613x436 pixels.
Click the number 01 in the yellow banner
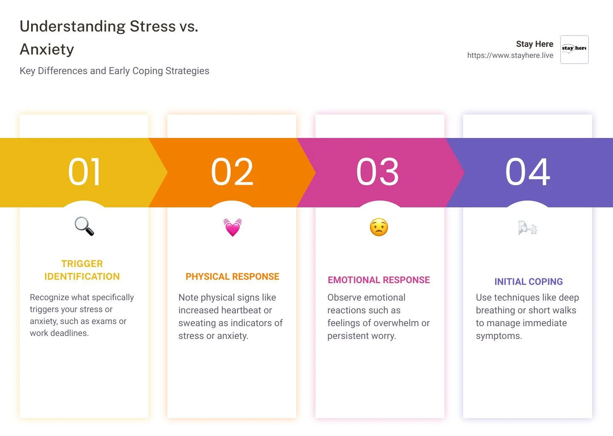[84, 172]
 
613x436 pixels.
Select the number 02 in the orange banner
[232, 172]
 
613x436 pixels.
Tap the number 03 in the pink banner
[378, 172]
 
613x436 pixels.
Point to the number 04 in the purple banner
[527, 172]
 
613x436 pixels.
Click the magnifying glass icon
[84, 226]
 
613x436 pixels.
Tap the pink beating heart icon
[232, 227]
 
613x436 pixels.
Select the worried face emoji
[379, 227]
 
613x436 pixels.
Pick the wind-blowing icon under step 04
[527, 228]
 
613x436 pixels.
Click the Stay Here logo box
[574, 49]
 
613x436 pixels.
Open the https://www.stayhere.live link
[510, 55]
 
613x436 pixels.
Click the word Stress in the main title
[152, 26]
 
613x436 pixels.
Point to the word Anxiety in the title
[47, 49]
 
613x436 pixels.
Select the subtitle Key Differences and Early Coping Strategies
[115, 71]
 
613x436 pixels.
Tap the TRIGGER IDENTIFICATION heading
[82, 270]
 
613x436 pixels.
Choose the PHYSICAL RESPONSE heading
[232, 276]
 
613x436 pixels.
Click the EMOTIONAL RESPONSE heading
[379, 280]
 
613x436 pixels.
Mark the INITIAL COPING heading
[528, 281]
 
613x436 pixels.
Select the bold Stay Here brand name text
[534, 44]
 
